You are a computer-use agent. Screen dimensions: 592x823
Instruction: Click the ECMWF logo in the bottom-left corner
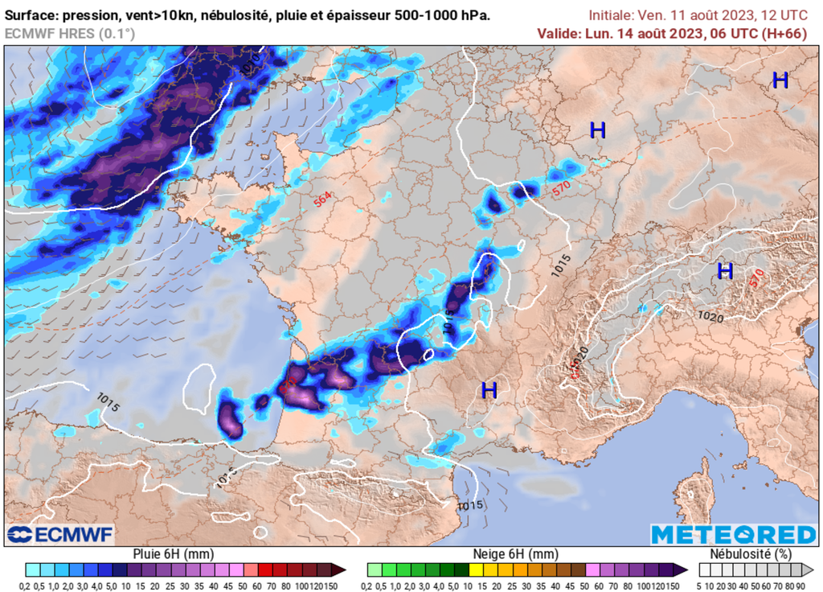tap(60, 535)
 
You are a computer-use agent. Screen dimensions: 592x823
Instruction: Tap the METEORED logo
tap(733, 535)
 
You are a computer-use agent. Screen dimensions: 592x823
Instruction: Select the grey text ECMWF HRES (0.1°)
tap(70, 33)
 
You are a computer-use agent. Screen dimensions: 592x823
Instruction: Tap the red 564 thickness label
tap(323, 200)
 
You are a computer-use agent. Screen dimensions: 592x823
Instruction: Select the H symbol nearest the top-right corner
tap(780, 80)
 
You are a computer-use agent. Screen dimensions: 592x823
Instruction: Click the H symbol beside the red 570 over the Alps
tap(725, 271)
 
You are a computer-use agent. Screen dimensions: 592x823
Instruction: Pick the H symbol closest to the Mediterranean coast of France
tap(489, 391)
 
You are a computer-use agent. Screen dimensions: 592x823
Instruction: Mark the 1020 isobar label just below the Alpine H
tap(710, 317)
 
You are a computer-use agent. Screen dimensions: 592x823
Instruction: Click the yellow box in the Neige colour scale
tap(476, 569)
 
